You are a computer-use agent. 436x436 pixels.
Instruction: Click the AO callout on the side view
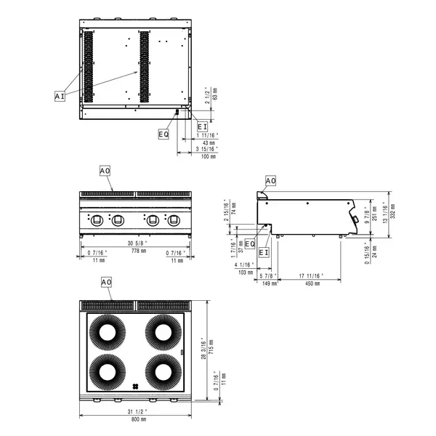(270, 180)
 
